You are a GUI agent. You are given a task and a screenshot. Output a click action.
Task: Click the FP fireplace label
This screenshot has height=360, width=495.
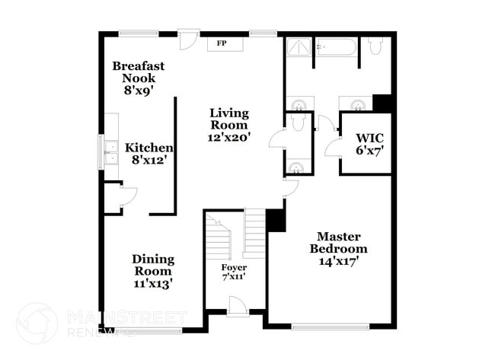coord(222,43)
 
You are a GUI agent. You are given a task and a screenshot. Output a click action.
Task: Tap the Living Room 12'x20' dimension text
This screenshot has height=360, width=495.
coord(229,138)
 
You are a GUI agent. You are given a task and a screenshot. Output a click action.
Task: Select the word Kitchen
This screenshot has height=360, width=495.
coord(149,148)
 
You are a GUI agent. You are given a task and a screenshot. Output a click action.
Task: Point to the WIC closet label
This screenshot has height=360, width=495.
coord(370,138)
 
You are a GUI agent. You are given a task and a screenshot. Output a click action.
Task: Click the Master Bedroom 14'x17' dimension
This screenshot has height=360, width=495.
coord(339,261)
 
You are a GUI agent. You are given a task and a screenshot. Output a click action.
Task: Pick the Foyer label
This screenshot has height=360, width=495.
coord(234,268)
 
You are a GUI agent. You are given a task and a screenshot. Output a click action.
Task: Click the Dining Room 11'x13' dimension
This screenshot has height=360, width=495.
coord(153,284)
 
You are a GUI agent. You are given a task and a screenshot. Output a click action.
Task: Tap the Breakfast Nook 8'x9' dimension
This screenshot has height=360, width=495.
coord(139,91)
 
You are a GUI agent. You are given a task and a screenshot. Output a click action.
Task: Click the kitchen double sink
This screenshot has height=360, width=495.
coord(111,153)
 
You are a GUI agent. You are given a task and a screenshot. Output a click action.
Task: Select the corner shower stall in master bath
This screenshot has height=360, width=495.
coord(299,48)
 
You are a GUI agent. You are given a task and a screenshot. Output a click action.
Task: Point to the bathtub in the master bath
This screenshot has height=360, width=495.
coord(337,47)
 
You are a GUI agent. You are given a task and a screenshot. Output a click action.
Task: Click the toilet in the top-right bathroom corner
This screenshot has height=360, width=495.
coord(375,46)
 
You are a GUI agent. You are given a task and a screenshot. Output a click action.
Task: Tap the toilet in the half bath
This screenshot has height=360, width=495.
coord(298,122)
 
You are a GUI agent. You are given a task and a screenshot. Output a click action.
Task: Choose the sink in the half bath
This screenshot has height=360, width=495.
coord(296,167)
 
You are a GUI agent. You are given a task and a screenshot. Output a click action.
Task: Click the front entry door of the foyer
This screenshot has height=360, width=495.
coord(238,305)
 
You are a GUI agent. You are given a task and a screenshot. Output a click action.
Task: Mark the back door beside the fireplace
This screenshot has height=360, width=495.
coord(188,40)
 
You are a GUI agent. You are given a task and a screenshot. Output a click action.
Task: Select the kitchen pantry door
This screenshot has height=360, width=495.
coord(129,196)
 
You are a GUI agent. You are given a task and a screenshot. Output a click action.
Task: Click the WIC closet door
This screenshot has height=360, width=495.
coord(333,148)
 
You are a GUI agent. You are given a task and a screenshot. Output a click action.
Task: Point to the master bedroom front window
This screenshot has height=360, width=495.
coord(331,327)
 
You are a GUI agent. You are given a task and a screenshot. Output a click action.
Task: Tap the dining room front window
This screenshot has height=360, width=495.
coord(148,330)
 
